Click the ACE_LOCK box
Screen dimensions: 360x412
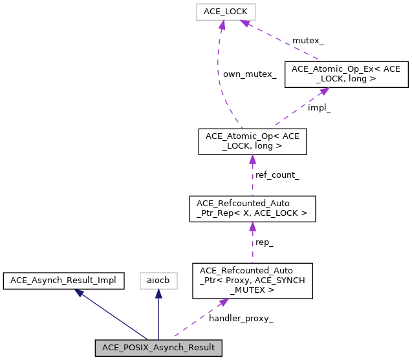click(221, 12)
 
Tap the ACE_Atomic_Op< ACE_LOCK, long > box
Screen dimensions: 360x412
click(252, 142)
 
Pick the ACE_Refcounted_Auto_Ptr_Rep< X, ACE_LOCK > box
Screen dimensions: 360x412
click(252, 209)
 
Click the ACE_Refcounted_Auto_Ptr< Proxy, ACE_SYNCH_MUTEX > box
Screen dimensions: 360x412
click(252, 281)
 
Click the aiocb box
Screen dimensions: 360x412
click(158, 281)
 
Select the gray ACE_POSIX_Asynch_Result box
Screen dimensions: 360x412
click(158, 348)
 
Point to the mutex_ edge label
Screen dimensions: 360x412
click(308, 41)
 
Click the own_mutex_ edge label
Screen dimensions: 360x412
click(249, 74)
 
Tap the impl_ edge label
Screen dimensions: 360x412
click(319, 108)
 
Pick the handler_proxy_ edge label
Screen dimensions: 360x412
click(241, 318)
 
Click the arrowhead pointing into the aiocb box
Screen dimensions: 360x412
click(158, 293)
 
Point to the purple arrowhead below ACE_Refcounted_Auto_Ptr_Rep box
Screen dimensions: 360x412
click(252, 228)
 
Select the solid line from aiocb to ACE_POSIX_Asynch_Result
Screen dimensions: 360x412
click(158, 317)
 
